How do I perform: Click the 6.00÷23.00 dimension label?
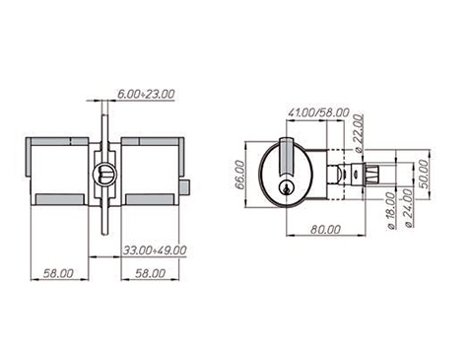point(146,94)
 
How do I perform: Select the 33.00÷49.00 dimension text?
point(155,251)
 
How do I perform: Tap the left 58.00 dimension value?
point(59,273)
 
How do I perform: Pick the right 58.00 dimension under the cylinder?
point(151,273)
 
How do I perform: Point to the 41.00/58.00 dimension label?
point(318,112)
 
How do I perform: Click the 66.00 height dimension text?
point(240,175)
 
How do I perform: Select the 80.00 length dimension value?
point(325,229)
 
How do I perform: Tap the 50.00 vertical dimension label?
point(425,174)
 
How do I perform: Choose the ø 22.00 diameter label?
point(359,133)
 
